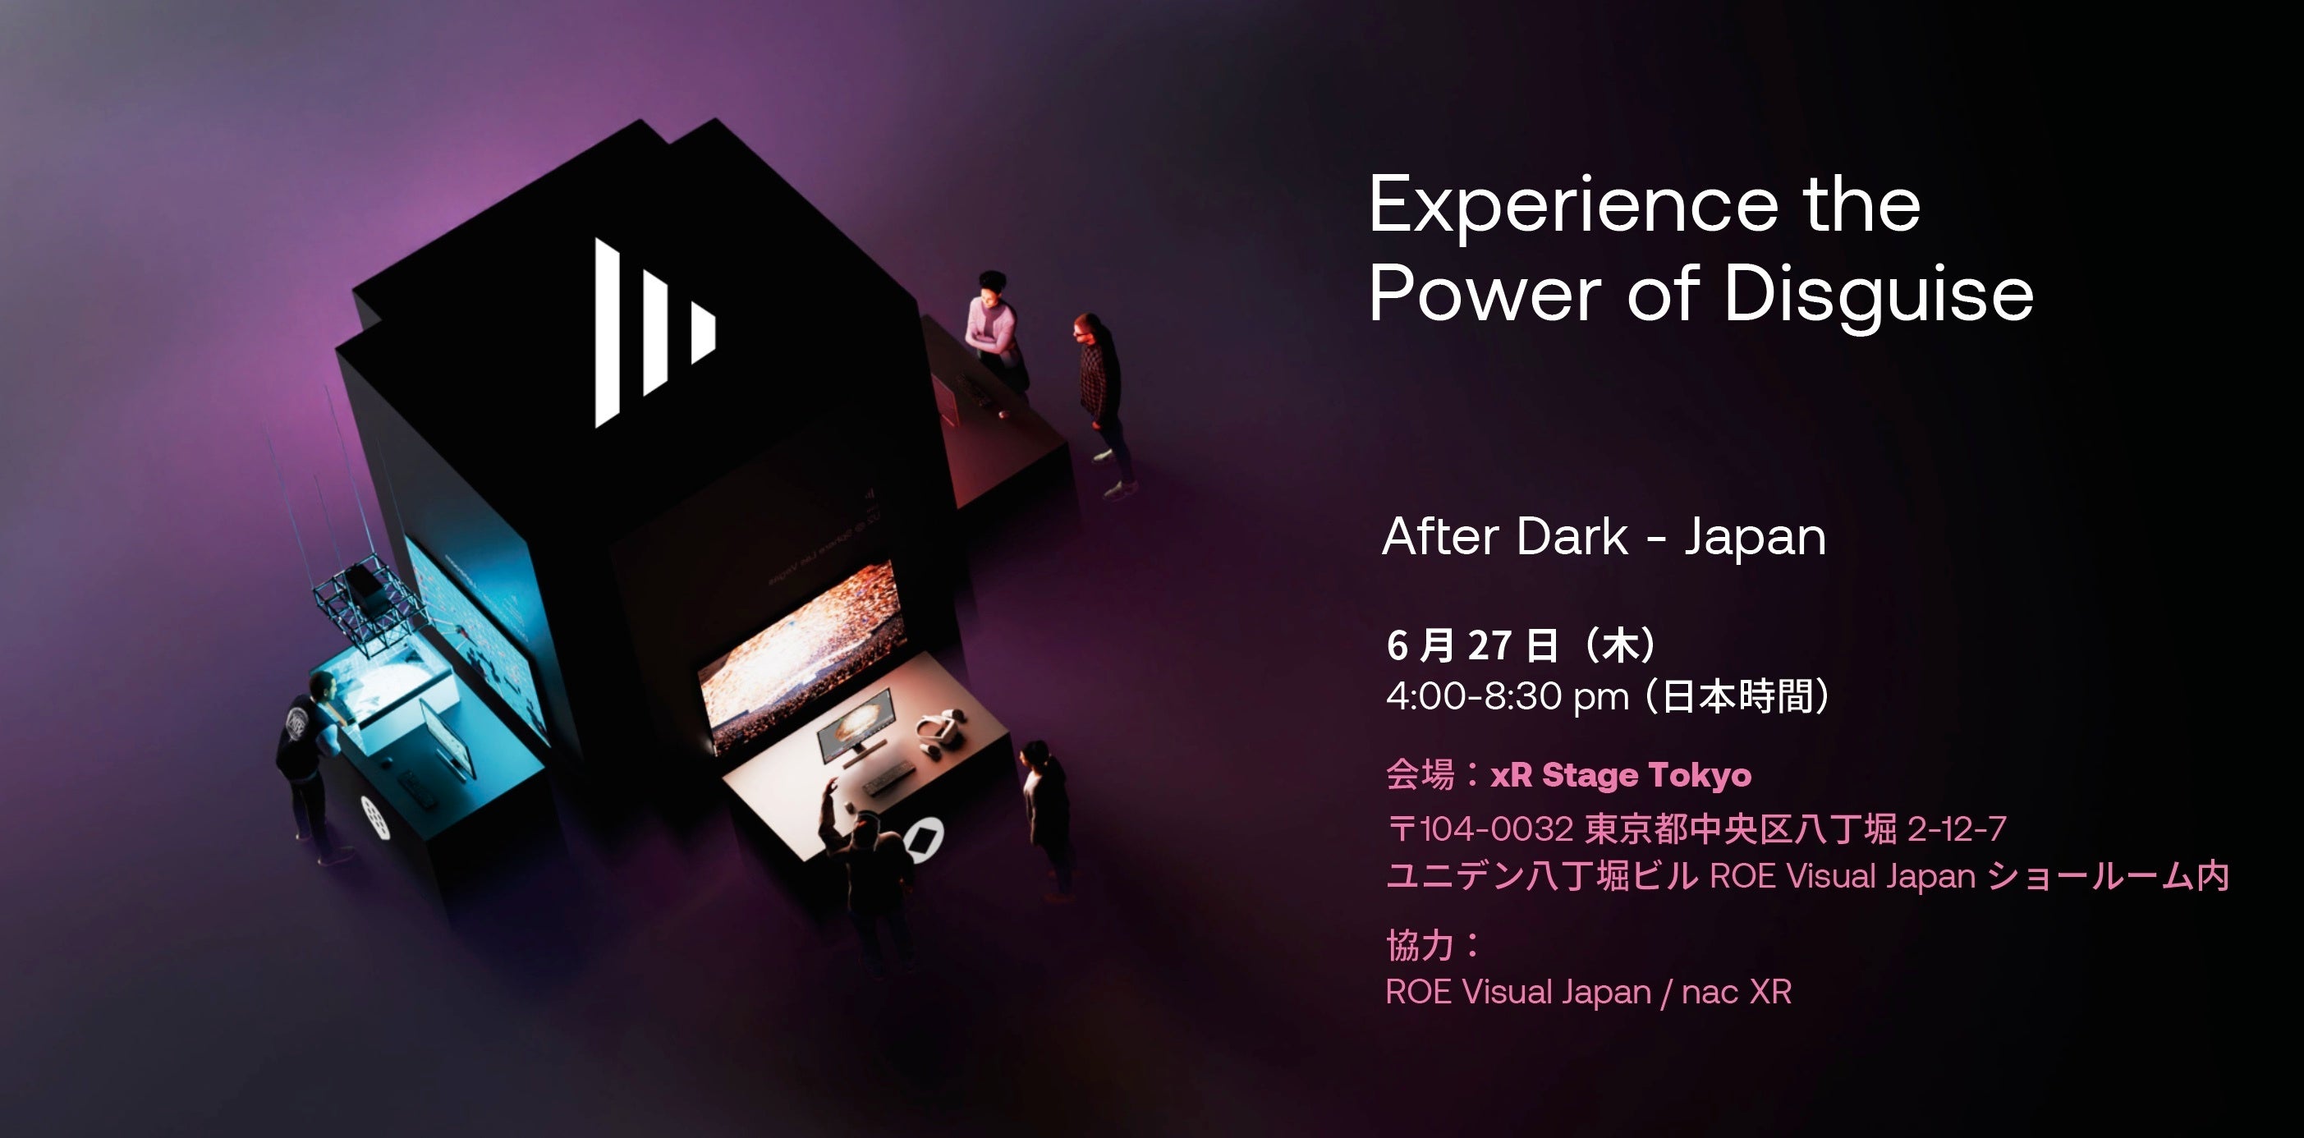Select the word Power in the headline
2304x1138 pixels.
(1485, 292)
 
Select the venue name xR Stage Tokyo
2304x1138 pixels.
(1621, 776)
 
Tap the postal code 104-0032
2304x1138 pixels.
(1496, 828)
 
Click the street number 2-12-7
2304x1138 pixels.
(1957, 829)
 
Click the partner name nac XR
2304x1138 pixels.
(1736, 992)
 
